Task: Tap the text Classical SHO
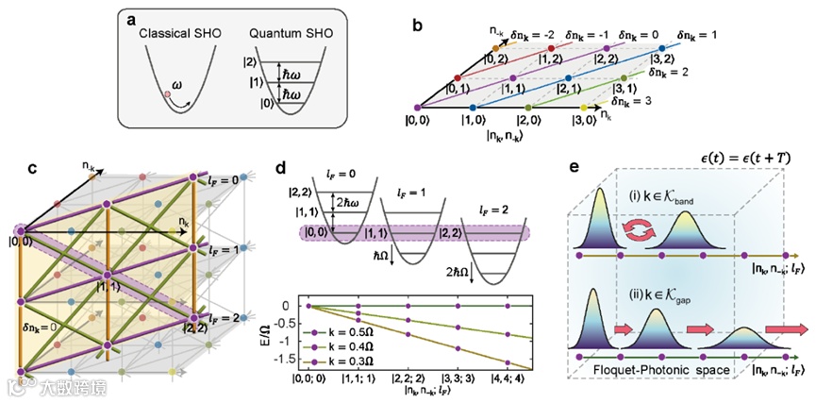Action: (179, 36)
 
